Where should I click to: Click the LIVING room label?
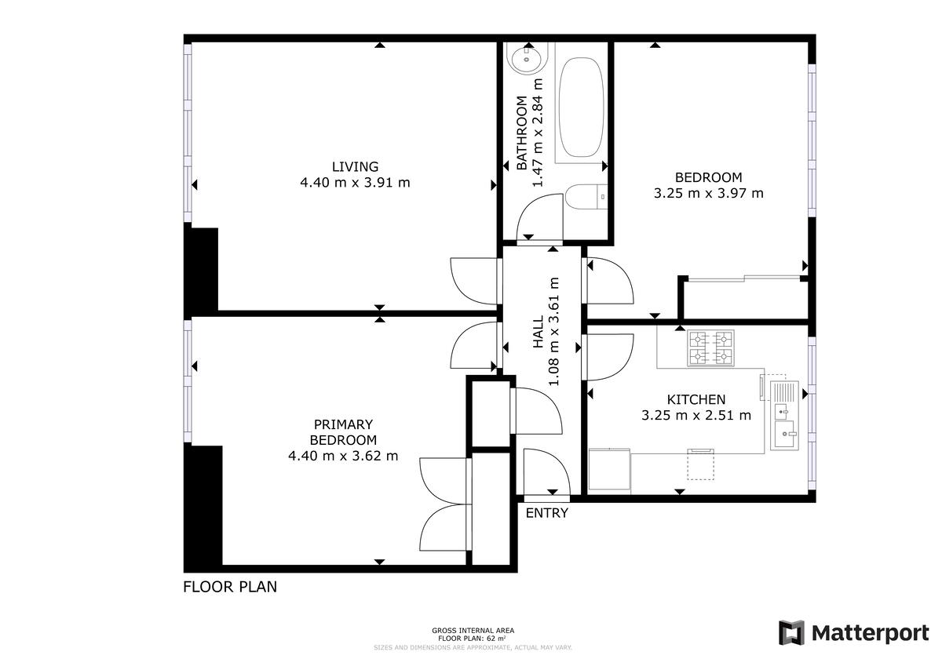pos(355,166)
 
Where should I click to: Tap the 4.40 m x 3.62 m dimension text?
pos(343,455)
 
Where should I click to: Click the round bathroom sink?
pos(522,57)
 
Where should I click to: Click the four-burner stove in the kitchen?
pos(710,348)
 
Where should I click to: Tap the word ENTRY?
pos(546,513)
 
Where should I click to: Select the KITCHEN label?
pos(696,399)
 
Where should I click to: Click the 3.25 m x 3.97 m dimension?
pos(708,193)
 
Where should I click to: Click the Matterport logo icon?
pos(791,632)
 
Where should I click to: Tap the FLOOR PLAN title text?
pos(230,586)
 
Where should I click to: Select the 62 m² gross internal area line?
pos(473,639)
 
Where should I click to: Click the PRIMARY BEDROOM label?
pos(343,432)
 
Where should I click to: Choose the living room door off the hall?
pos(473,279)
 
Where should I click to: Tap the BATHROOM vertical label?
pos(521,133)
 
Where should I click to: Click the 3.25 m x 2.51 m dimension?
pos(696,415)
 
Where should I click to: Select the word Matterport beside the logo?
pos(870,632)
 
